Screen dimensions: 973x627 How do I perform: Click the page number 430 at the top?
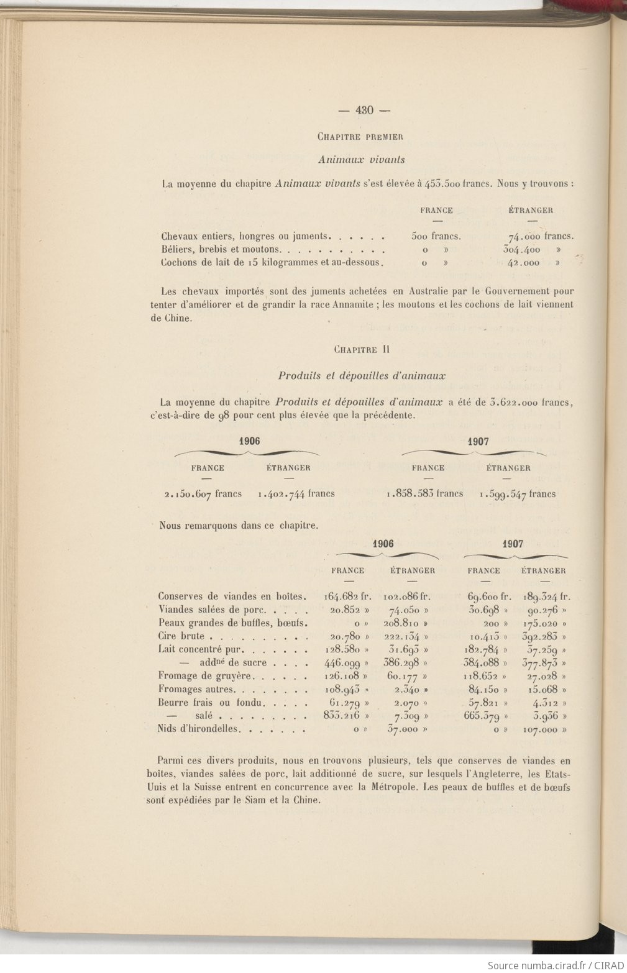(364, 111)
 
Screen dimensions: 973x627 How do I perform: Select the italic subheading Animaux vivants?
(361, 160)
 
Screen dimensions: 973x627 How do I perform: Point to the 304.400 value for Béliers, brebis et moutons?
(522, 249)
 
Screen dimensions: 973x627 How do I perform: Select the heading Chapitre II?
(361, 349)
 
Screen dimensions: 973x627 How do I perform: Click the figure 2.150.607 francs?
(203, 494)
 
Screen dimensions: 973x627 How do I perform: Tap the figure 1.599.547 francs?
(518, 495)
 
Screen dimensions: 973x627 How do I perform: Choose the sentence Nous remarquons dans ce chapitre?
(239, 525)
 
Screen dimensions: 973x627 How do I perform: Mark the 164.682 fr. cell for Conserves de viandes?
(347, 596)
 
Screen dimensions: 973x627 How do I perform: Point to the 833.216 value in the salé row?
(342, 715)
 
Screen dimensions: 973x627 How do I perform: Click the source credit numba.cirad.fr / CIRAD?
(555, 965)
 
